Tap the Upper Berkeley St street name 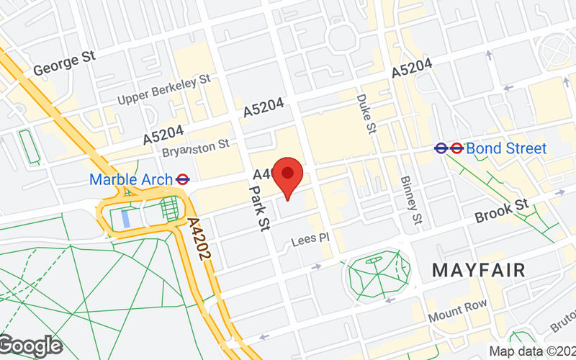[x=163, y=89]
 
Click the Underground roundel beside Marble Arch [x=183, y=179]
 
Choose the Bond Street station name [x=506, y=149]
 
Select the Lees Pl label [x=310, y=238]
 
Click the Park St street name [x=258, y=205]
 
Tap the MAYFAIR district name [x=478, y=271]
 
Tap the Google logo [x=30, y=346]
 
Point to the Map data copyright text [x=532, y=351]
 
